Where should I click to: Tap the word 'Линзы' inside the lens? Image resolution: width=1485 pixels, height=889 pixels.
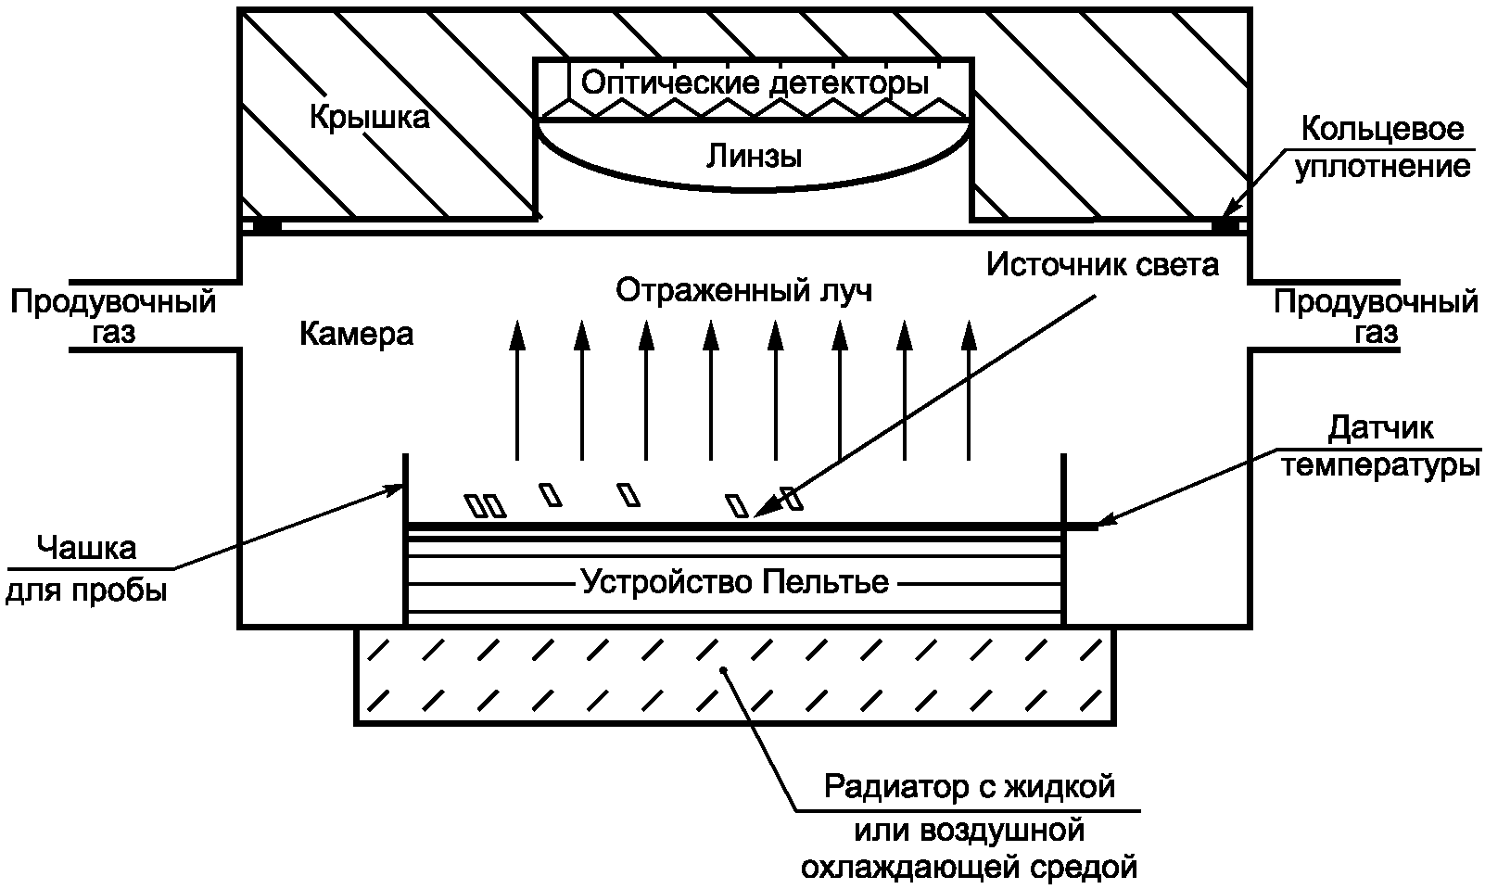[754, 156]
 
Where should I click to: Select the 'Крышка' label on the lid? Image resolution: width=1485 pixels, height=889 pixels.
[369, 118]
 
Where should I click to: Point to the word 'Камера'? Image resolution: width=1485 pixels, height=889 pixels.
[356, 333]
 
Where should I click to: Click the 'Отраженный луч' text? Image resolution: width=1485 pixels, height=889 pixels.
[744, 290]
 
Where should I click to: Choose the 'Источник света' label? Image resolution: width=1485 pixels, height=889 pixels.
[1102, 265]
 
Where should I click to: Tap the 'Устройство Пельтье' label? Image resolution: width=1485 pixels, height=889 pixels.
[734, 583]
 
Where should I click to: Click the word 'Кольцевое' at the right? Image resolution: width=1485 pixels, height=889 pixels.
[1382, 129]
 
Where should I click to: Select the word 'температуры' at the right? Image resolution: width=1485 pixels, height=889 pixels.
[1380, 465]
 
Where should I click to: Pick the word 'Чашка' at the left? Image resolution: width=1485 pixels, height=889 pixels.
[86, 548]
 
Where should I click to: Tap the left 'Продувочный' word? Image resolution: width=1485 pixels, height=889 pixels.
[113, 302]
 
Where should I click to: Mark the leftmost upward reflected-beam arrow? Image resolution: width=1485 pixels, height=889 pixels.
[517, 389]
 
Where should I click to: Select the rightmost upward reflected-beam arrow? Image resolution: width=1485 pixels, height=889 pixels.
[969, 389]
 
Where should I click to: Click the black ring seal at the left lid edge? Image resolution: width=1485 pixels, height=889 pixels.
[267, 224]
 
